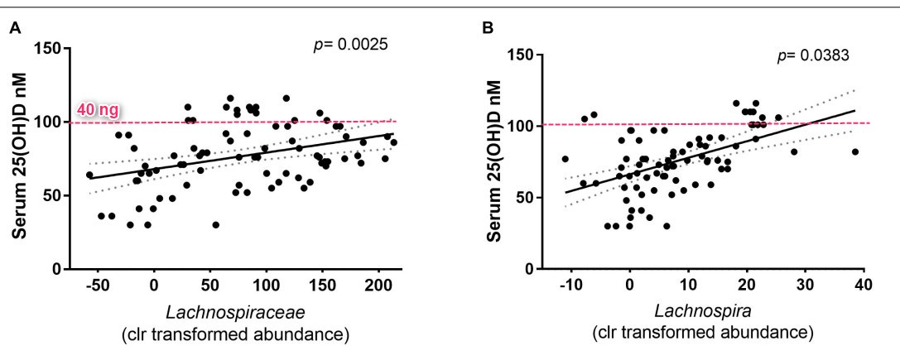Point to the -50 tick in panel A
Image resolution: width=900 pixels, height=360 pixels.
(98, 286)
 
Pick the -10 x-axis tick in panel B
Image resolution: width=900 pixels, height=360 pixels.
(569, 286)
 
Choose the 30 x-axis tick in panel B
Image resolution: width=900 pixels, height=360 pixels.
(804, 286)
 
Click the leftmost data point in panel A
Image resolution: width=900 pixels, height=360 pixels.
(90, 175)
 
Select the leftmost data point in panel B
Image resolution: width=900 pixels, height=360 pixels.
(566, 159)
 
